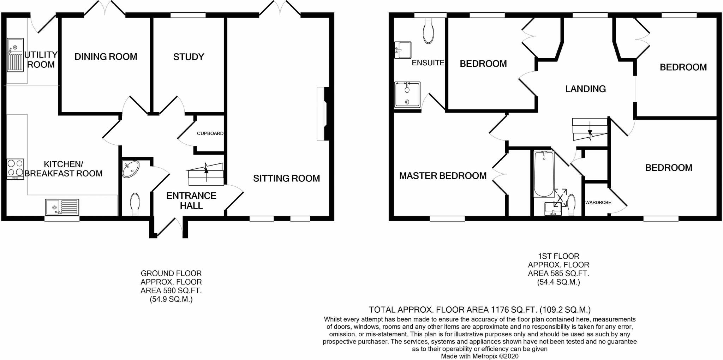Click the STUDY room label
[x=189, y=57]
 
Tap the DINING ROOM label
[x=106, y=57]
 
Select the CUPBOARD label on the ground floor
[x=210, y=133]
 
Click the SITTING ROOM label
[x=286, y=179]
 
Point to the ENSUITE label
[x=428, y=63]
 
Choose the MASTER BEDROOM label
[x=443, y=176]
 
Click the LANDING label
[x=585, y=89]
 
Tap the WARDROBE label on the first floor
[x=598, y=203]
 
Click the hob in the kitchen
[x=15, y=169]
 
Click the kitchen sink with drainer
[x=62, y=207]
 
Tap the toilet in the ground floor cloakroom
[x=135, y=204]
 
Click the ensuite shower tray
[x=407, y=95]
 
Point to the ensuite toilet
[x=428, y=32]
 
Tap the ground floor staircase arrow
[x=206, y=172]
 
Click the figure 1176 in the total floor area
[x=500, y=310]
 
